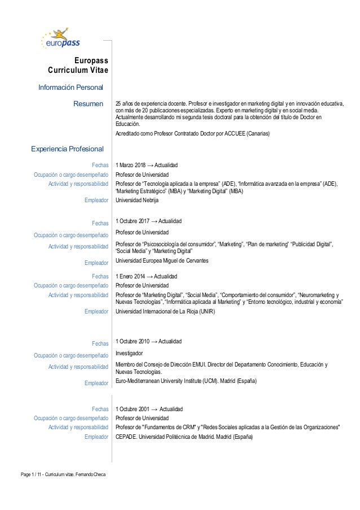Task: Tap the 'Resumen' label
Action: click(89, 104)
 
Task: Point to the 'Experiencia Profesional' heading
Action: click(67, 149)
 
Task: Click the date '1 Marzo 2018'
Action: click(130, 165)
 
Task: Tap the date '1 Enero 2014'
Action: click(130, 276)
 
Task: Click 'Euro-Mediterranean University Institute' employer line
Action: click(186, 381)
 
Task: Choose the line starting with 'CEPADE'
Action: click(184, 437)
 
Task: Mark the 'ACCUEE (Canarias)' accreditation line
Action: click(192, 134)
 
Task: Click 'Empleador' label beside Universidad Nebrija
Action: click(96, 200)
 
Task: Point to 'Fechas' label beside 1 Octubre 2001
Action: click(100, 408)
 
